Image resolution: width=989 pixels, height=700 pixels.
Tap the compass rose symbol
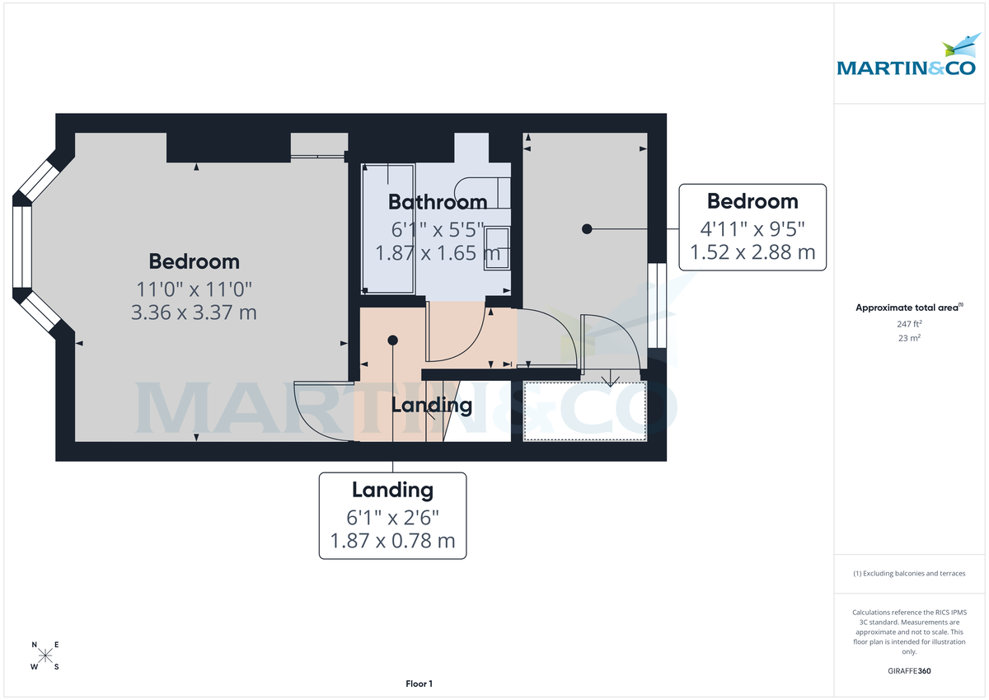tap(46, 656)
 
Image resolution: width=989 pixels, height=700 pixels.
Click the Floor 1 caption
tap(419, 684)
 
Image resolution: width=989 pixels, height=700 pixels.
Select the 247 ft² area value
tap(909, 324)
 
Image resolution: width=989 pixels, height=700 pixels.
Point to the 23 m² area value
tap(909, 338)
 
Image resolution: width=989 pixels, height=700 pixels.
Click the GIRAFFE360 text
tap(909, 671)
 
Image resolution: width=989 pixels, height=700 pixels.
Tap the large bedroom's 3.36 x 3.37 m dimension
tap(194, 312)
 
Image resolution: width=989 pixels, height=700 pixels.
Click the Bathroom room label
tap(437, 202)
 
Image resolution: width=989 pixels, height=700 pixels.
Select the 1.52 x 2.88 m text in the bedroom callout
tap(752, 252)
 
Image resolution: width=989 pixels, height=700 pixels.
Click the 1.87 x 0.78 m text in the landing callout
tap(392, 541)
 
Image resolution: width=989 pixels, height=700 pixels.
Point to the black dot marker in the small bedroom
tap(586, 228)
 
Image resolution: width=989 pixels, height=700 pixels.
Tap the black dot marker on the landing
tap(392, 340)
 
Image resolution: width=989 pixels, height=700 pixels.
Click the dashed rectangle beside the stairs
tap(585, 411)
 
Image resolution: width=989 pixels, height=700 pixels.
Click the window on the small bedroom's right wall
tap(657, 305)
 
